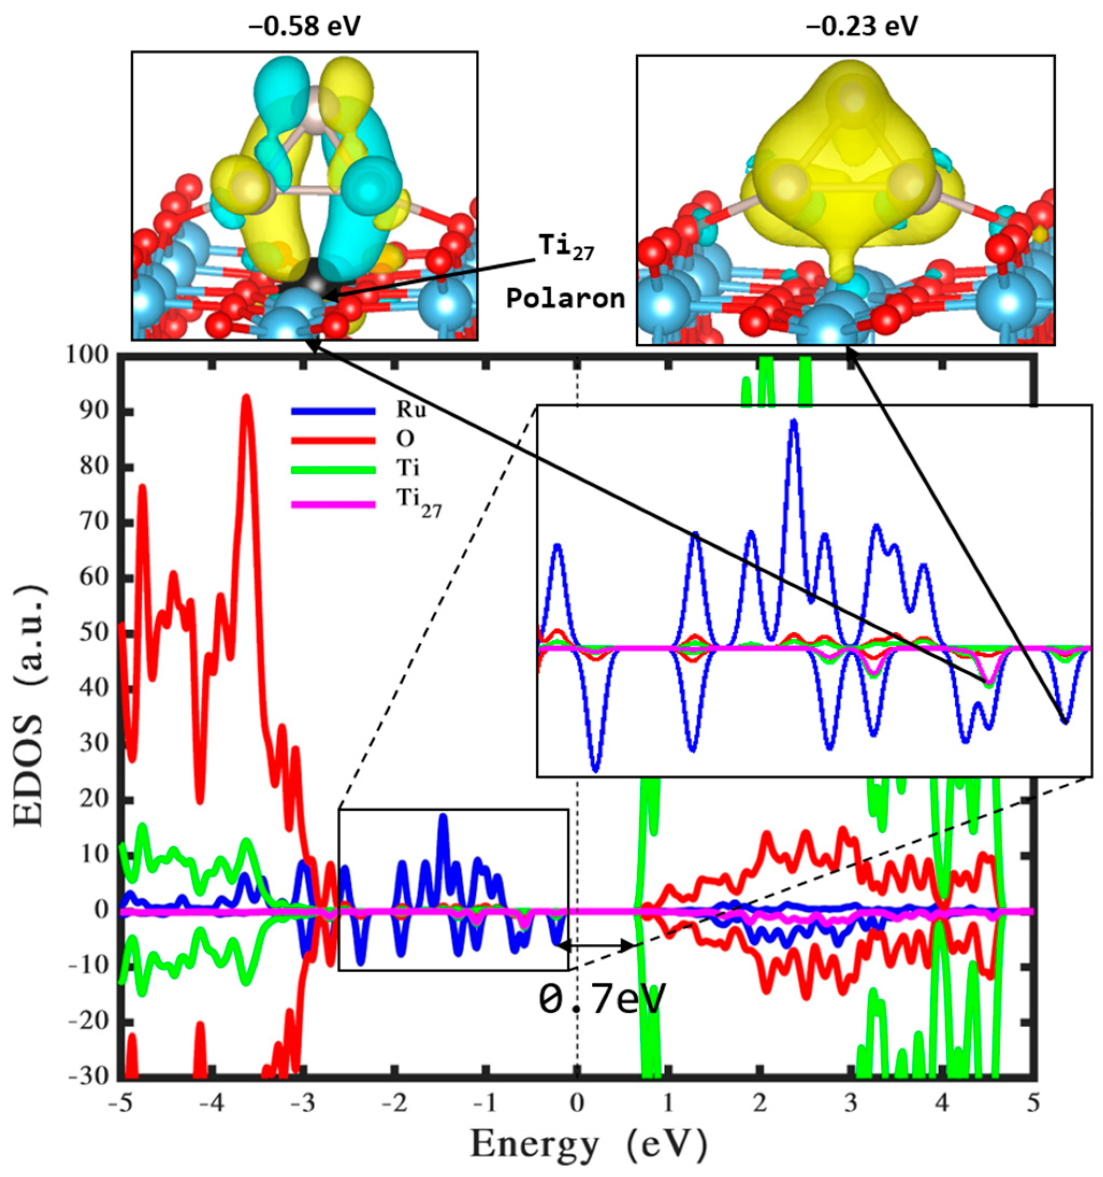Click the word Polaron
[x=565, y=299]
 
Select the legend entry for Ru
[x=405, y=410]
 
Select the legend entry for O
[x=405, y=439]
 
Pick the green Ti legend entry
[x=408, y=469]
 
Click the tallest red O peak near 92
[x=246, y=398]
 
